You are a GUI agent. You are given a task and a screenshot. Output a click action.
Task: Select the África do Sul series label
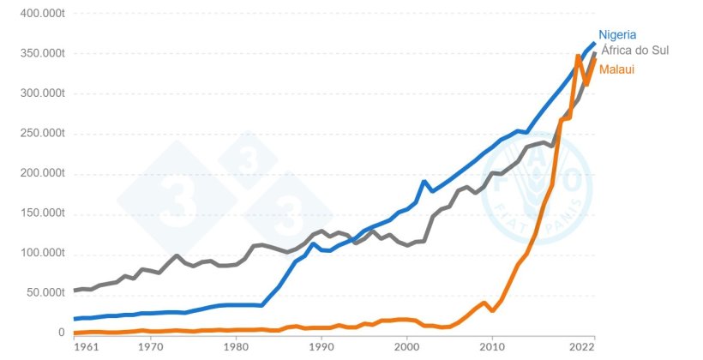point(634,51)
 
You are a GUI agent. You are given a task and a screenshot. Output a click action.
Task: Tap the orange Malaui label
point(616,69)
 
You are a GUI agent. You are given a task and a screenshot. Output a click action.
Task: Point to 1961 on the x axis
point(86,349)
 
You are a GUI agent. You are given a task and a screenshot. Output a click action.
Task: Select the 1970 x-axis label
point(151,349)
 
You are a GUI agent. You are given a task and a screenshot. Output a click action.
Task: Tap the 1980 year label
point(236,349)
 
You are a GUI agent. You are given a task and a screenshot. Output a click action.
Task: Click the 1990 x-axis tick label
point(321,349)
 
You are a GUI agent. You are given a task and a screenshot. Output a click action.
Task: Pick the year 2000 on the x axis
point(406,349)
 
